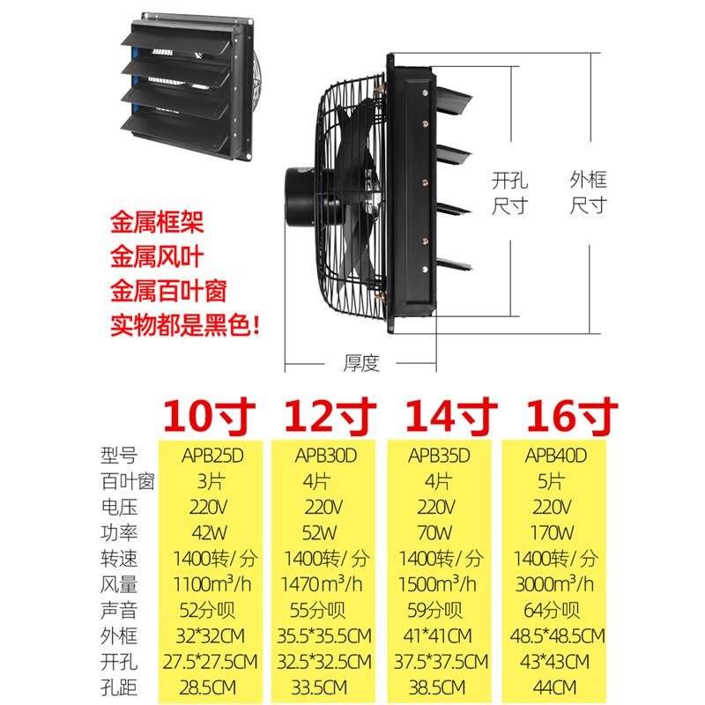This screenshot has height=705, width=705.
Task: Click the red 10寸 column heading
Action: coord(209,415)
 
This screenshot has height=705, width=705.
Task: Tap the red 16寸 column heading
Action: coord(572,415)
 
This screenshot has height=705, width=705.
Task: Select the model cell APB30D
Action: coord(326,456)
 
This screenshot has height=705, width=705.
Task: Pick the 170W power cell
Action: coord(552,533)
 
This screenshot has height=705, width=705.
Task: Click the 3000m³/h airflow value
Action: coord(554,584)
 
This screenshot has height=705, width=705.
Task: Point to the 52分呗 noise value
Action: coord(207,610)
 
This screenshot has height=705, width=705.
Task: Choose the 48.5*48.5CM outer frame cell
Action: coord(557,635)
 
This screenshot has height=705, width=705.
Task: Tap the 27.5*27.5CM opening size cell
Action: coord(210,662)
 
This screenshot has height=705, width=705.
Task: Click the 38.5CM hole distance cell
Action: coord(436,687)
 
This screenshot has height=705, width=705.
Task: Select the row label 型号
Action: coord(119,456)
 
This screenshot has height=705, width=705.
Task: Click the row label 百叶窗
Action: coord(128,481)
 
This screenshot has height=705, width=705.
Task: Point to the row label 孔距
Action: coord(119,687)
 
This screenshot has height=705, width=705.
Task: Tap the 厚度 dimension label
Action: coord(361,363)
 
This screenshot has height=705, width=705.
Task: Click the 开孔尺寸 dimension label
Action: coord(510,193)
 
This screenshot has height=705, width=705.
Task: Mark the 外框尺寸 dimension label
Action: coord(589,192)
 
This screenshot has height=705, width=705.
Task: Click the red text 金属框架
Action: coord(158,222)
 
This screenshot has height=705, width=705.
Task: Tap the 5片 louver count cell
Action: coord(551,481)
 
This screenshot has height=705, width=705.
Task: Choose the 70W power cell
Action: coord(434,533)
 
